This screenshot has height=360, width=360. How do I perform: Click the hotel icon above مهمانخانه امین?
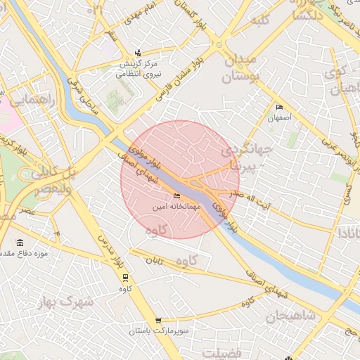[176, 196]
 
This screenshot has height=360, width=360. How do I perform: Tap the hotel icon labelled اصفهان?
[280, 108]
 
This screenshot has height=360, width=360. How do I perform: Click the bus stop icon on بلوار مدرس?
[125, 277]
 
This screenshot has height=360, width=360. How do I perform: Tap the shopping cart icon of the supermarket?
[158, 320]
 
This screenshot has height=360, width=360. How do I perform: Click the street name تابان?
[154, 260]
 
